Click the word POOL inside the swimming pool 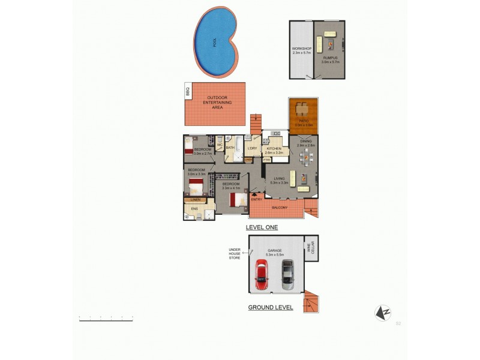(x=215, y=43)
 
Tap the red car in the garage (x=262, y=275)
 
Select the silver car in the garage (x=288, y=275)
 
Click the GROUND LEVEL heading (x=271, y=307)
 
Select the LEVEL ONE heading (x=262, y=228)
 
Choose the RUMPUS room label (x=331, y=58)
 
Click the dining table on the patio (x=304, y=110)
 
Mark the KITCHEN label (x=274, y=148)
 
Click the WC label (x=220, y=145)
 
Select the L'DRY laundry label (x=252, y=148)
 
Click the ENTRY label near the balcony (x=256, y=199)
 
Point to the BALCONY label (x=279, y=208)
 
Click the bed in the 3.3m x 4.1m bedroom (x=237, y=198)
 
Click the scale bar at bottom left (x=106, y=318)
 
